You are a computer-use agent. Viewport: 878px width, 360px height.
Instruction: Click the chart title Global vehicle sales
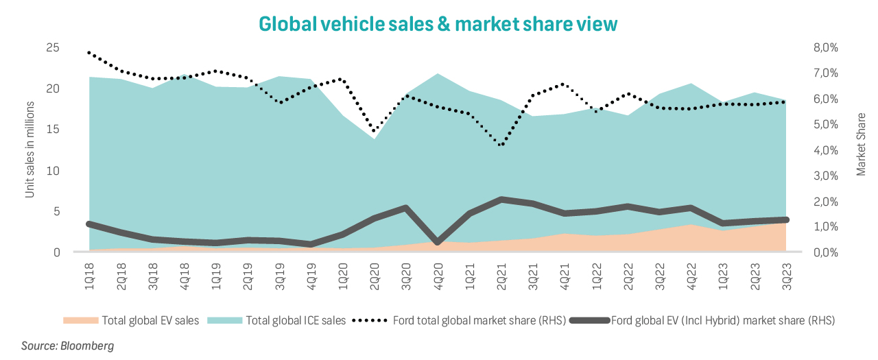(x=438, y=23)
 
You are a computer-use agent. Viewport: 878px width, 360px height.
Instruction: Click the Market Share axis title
(x=862, y=144)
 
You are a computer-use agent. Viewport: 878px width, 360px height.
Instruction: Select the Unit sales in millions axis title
(x=30, y=149)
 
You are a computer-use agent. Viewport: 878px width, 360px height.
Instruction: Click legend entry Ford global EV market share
(x=722, y=320)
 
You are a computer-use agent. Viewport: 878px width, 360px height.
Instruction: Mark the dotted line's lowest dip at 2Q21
(x=502, y=145)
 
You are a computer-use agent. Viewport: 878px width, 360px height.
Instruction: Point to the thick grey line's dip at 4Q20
(x=438, y=242)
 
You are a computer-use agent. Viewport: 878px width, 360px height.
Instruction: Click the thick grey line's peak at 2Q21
(x=502, y=200)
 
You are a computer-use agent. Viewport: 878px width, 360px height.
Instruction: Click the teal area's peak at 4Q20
(x=438, y=73)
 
